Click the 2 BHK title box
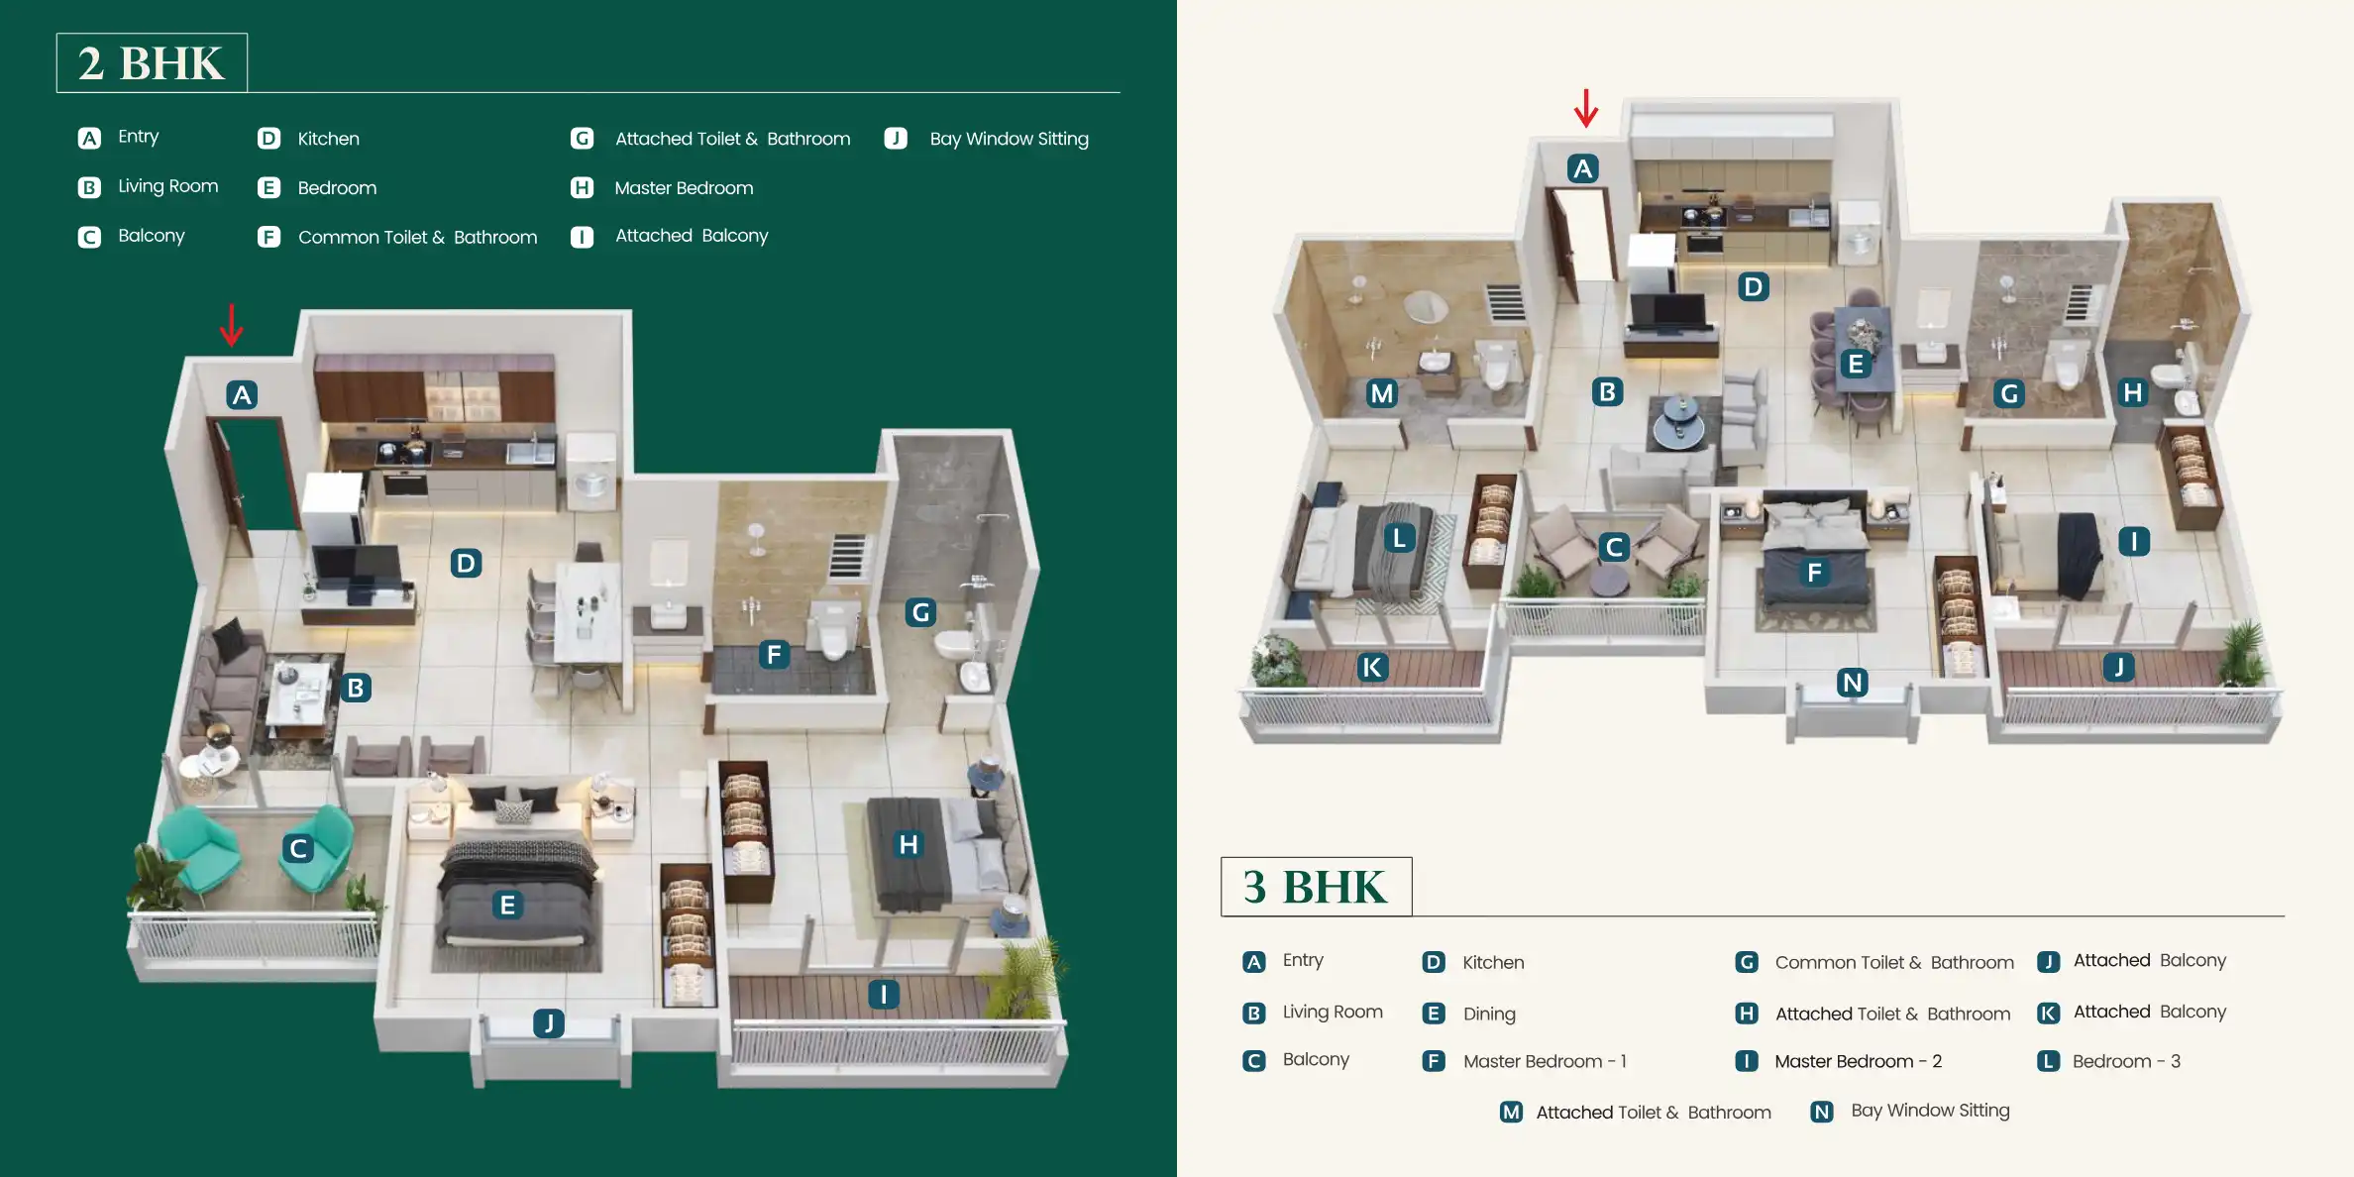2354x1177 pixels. tap(152, 63)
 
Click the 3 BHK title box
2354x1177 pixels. tap(1316, 887)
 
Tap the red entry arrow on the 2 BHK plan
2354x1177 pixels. tap(231, 325)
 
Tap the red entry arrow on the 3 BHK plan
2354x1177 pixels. tap(1585, 108)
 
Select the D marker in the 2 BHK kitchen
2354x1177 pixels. tap(466, 564)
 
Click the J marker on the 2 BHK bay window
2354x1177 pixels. tap(549, 1022)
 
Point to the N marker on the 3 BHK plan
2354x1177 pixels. tap(1852, 683)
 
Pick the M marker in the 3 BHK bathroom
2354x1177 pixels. tap(1381, 393)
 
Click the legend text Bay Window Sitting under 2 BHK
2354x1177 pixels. tap(1009, 139)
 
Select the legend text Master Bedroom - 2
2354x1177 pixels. tap(1858, 1061)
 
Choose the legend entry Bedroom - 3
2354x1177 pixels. tap(2126, 1061)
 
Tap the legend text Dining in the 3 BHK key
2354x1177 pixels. tap(1489, 1014)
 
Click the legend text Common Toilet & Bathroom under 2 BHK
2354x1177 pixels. tap(417, 237)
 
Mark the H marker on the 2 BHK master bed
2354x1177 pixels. tap(908, 844)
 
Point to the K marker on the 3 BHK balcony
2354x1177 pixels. tap(1371, 668)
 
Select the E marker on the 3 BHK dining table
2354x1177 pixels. tap(1856, 365)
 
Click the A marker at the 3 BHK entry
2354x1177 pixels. tap(1582, 169)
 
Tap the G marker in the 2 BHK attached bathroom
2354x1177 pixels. tap(920, 612)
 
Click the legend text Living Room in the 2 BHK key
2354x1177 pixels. tap(167, 186)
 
